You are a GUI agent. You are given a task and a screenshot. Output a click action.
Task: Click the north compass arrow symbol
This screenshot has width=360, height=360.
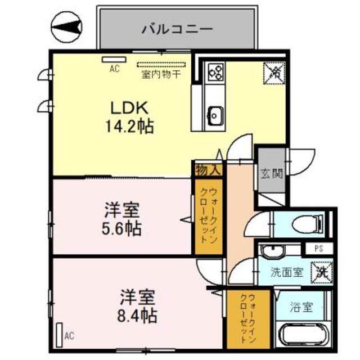[x=67, y=26]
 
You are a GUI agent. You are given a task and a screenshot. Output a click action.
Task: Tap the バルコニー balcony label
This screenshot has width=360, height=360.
[x=176, y=28]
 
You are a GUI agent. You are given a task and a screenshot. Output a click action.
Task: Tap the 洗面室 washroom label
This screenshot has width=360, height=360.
[x=286, y=272]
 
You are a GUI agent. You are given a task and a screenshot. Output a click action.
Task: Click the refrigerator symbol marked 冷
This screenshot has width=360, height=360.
[x=275, y=71]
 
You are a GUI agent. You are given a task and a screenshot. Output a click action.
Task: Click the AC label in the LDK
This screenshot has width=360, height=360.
[x=115, y=69]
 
